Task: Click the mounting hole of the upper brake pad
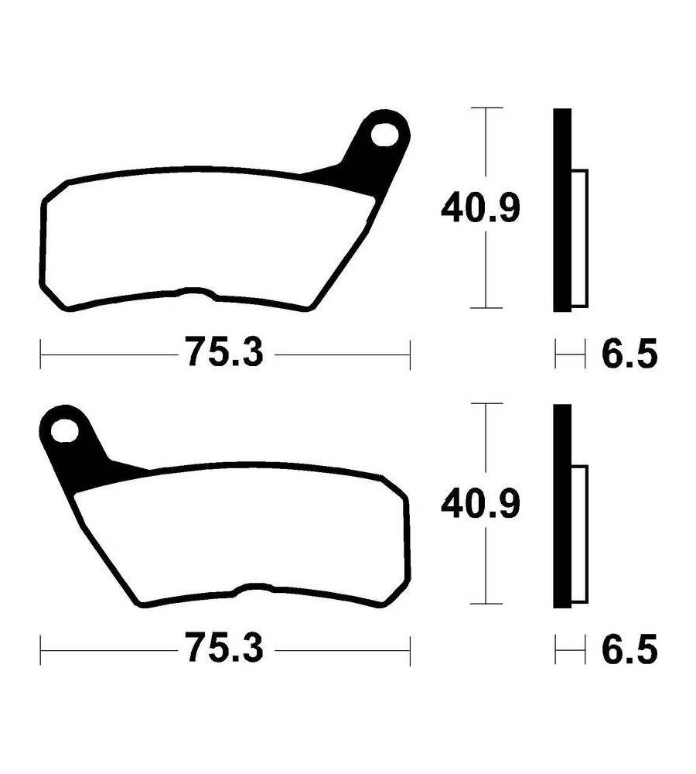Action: pyautogui.click(x=385, y=135)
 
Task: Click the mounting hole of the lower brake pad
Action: pyautogui.click(x=65, y=431)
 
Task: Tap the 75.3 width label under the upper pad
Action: pyautogui.click(x=225, y=352)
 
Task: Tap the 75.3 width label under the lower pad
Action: pyautogui.click(x=225, y=648)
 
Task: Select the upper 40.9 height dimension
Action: pyautogui.click(x=480, y=207)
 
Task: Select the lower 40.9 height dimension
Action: pyautogui.click(x=480, y=504)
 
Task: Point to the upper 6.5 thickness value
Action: pyautogui.click(x=629, y=354)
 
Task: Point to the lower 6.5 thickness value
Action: pyautogui.click(x=629, y=649)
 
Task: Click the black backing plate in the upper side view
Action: pyautogui.click(x=562, y=211)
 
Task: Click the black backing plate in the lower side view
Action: pyautogui.click(x=562, y=506)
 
